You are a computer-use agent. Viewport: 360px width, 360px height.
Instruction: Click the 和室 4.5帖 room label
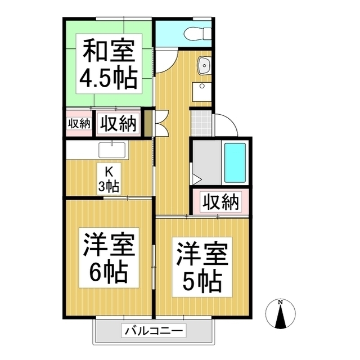pyautogui.click(x=109, y=64)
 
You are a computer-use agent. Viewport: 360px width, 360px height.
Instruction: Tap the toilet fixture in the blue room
pyautogui.click(x=197, y=34)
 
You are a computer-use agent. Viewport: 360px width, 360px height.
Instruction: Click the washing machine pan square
pyautogui.click(x=202, y=92)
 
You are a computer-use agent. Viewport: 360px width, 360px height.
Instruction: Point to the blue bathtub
pyautogui.click(x=235, y=163)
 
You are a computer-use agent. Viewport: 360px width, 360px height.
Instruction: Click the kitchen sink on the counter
pyautogui.click(x=112, y=150)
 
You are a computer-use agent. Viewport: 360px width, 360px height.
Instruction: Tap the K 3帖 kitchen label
pyautogui.click(x=109, y=179)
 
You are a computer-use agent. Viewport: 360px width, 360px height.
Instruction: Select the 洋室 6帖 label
pyautogui.click(x=109, y=258)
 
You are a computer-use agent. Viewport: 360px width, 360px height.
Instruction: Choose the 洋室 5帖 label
pyautogui.click(x=202, y=267)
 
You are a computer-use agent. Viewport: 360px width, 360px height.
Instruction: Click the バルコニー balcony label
pyautogui.click(x=154, y=331)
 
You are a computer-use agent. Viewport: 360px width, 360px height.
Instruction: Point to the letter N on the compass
pyautogui.click(x=280, y=303)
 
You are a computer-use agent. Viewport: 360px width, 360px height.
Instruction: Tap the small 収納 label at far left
pyautogui.click(x=79, y=124)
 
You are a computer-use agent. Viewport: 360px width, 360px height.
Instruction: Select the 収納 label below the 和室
pyautogui.click(x=119, y=124)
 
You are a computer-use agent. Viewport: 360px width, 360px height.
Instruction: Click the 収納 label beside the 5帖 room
pyautogui.click(x=220, y=202)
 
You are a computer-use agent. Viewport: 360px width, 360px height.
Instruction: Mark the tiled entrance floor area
pyautogui.click(x=201, y=123)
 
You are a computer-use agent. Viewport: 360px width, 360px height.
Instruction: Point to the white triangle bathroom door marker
pyautogui.click(x=196, y=179)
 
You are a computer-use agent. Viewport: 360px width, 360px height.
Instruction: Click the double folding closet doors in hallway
pyautogui.click(x=163, y=123)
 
